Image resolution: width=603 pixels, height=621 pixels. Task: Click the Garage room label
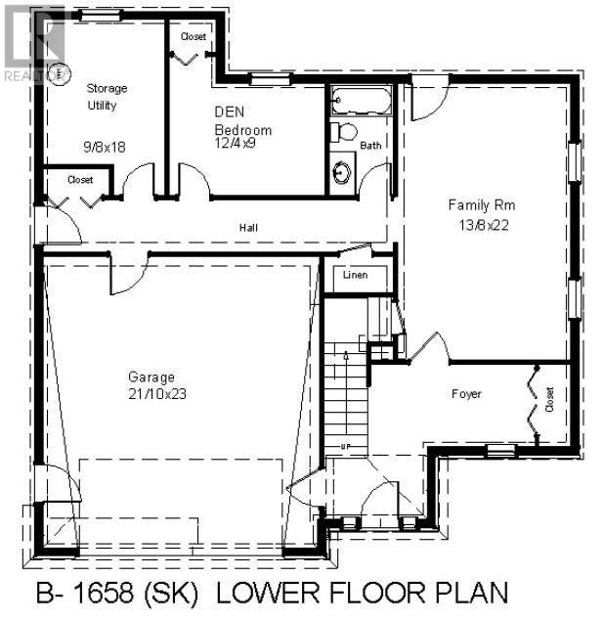tap(151, 377)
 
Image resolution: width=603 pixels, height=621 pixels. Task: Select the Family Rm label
tap(481, 205)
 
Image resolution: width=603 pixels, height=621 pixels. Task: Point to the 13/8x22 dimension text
tap(482, 224)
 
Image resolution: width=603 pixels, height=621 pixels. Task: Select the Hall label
tap(248, 228)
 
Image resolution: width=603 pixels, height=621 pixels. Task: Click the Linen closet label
tap(355, 276)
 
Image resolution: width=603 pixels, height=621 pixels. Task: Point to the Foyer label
tap(468, 394)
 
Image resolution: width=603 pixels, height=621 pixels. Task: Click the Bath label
tap(370, 146)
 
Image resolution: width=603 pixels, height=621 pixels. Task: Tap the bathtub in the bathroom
tap(361, 100)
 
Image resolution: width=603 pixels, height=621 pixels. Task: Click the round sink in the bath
tap(341, 173)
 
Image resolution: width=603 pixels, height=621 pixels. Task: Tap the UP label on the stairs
tap(345, 447)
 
